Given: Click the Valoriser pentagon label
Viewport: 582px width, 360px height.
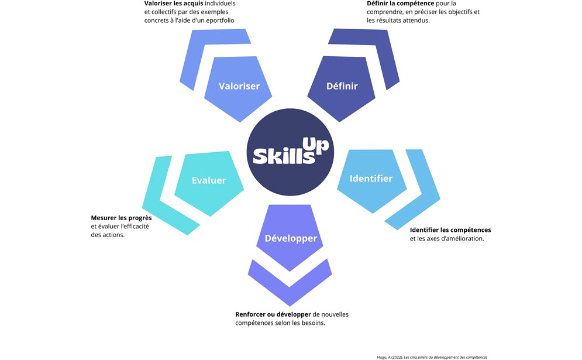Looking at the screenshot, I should [x=239, y=86].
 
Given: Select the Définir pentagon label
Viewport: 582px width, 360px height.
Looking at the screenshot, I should [x=342, y=86].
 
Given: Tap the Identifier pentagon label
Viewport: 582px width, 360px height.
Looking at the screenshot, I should [x=371, y=178].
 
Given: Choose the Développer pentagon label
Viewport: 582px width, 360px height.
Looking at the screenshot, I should [x=291, y=238].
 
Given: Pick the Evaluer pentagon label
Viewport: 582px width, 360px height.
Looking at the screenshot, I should [x=209, y=180].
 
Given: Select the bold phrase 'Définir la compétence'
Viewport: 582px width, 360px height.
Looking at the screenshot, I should [x=397, y=4].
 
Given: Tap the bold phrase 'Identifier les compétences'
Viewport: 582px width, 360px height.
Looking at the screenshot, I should [x=450, y=229].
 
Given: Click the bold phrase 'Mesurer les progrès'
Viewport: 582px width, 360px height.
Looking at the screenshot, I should [x=121, y=218].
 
